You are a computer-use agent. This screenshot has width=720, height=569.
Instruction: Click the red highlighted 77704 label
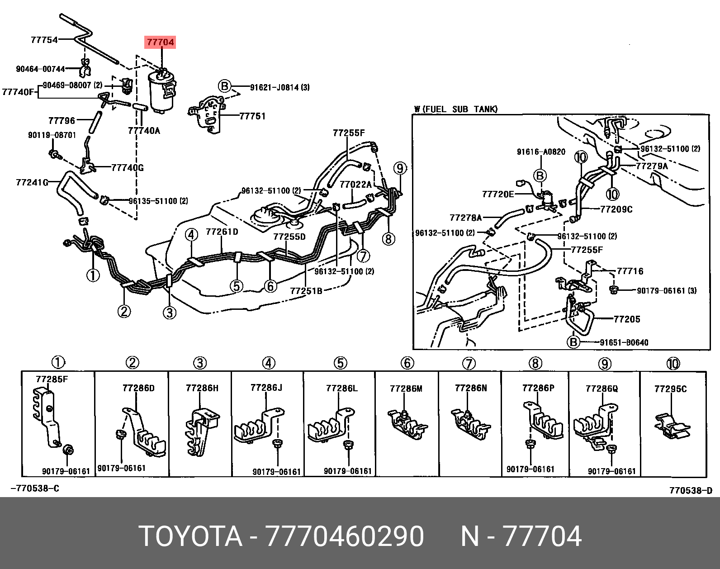pyautogui.click(x=160, y=42)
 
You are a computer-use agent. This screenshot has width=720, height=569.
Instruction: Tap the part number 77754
pyautogui.click(x=44, y=40)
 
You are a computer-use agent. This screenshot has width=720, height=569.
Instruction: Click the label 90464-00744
pyautogui.click(x=41, y=69)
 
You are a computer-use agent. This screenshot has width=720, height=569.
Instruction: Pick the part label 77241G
pyautogui.click(x=32, y=182)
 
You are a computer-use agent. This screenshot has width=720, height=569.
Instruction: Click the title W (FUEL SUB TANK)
pyautogui.click(x=456, y=109)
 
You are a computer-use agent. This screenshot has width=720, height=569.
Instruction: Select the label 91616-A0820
pyautogui.click(x=541, y=152)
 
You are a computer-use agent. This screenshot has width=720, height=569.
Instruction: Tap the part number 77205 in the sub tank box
pyautogui.click(x=627, y=319)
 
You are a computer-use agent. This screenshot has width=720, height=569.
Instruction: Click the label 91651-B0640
pyautogui.click(x=624, y=342)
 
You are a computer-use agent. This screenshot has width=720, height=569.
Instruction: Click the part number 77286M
pyautogui.click(x=406, y=389)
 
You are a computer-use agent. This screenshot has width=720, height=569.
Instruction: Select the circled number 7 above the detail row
pyautogui.click(x=469, y=364)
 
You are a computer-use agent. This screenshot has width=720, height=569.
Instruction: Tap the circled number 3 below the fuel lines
pyautogui.click(x=169, y=313)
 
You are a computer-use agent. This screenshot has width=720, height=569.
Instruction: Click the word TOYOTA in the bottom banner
pyautogui.click(x=191, y=536)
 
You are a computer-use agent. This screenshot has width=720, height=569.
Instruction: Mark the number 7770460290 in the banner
pyautogui.click(x=345, y=536)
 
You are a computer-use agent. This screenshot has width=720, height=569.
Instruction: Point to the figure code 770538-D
pyautogui.click(x=691, y=490)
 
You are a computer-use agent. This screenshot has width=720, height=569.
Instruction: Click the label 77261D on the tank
pyautogui.click(x=222, y=232)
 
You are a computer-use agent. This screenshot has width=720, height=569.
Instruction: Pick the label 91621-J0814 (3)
pyautogui.click(x=279, y=87)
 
